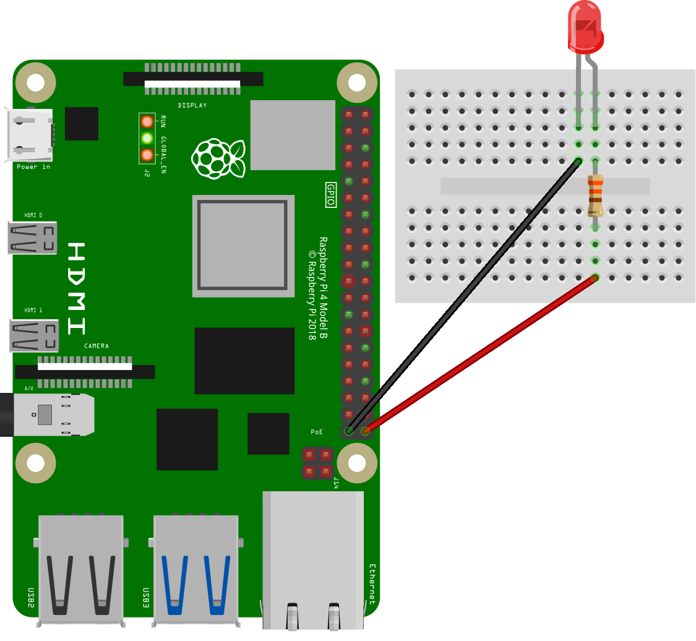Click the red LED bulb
(585, 27)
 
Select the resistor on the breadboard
(595, 196)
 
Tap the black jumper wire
(464, 296)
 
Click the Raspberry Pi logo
(218, 158)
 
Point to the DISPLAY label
(192, 105)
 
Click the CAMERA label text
(97, 346)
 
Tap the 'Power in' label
(33, 167)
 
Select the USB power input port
(29, 134)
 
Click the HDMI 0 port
(32, 238)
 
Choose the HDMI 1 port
(34, 335)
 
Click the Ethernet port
(313, 560)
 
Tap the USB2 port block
(80, 570)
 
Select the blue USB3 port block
(195, 570)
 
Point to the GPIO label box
(331, 194)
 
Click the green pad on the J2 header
(147, 138)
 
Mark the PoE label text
(317, 432)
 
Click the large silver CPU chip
(243, 246)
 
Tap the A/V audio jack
(47, 415)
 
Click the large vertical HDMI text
(76, 288)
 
